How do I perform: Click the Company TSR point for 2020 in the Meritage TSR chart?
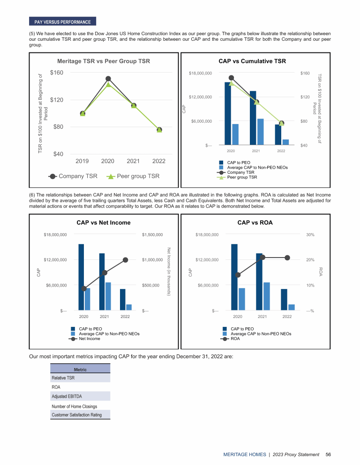[108, 79]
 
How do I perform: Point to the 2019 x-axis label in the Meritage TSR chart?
[82, 161]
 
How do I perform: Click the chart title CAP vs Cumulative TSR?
[252, 61]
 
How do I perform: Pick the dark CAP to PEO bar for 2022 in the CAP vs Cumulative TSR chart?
[278, 135]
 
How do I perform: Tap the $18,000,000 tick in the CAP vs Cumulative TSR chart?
[200, 73]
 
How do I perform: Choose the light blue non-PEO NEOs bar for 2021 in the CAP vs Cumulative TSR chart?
[261, 132]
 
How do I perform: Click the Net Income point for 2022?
[125, 260]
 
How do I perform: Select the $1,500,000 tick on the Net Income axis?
[153, 234]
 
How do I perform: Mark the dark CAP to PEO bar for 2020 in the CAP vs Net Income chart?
[81, 276]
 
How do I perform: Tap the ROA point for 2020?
[238, 275]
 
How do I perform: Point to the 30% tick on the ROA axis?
[310, 234]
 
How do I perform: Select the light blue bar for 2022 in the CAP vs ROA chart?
[292, 307]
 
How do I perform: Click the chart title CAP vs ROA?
[255, 222]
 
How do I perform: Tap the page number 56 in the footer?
[329, 454]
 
